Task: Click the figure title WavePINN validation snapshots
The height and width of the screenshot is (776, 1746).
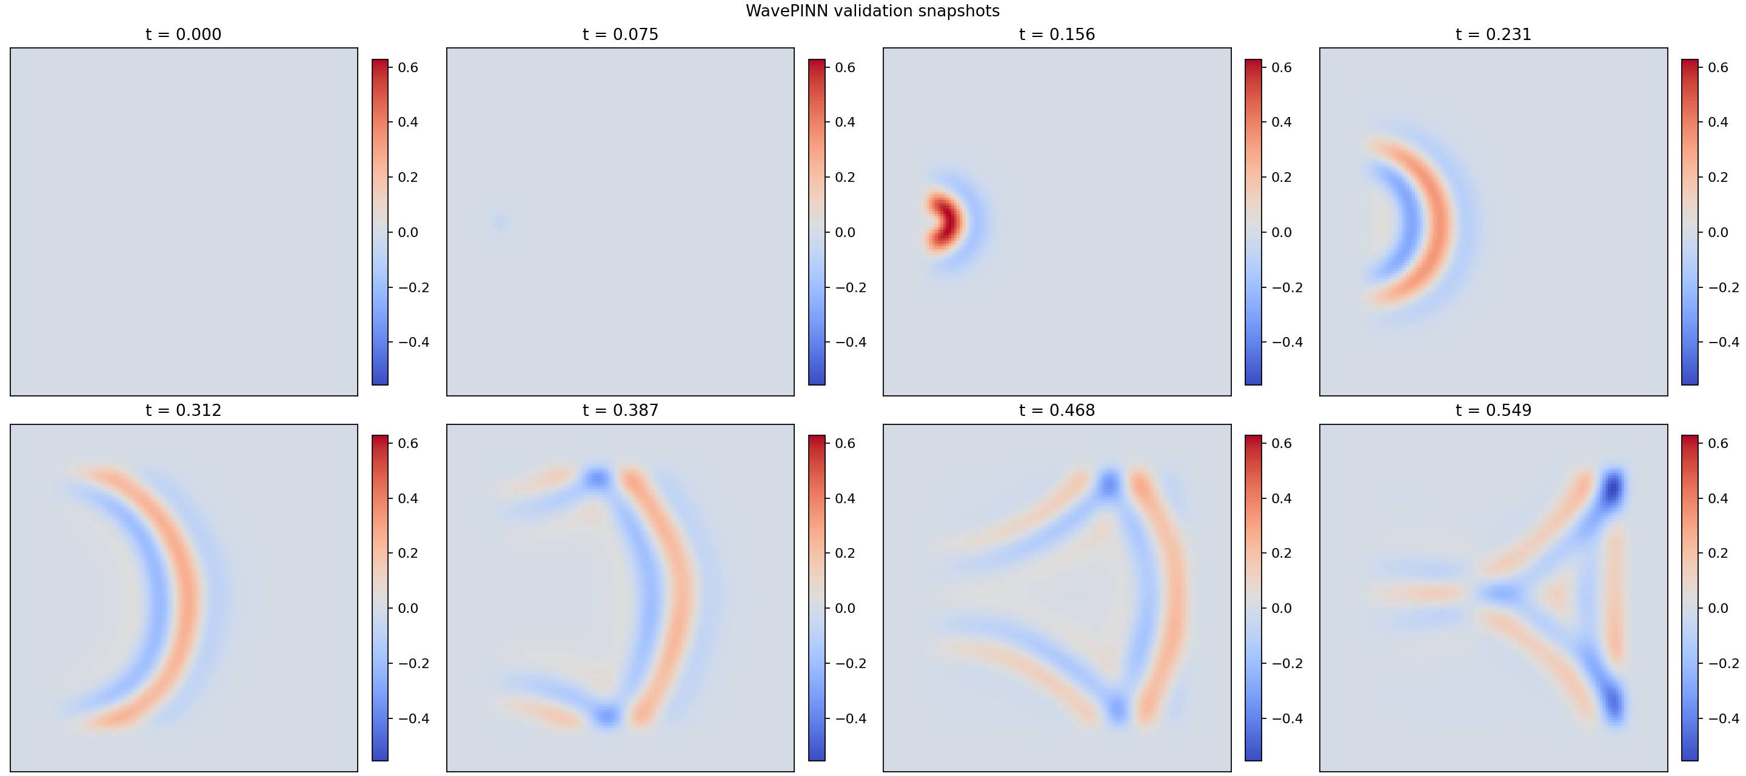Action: click(x=872, y=11)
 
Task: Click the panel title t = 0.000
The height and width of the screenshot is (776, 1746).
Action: click(x=183, y=35)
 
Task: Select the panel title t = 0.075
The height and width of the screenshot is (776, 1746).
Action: click(x=620, y=35)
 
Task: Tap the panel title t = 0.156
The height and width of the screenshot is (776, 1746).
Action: click(x=1057, y=35)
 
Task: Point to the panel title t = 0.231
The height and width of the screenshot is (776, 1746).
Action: click(x=1493, y=35)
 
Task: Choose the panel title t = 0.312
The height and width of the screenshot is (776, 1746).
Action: click(x=183, y=410)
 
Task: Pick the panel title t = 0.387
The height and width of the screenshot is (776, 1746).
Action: click(x=620, y=410)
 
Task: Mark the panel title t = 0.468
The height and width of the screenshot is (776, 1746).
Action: click(x=1057, y=410)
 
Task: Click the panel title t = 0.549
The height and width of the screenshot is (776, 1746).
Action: click(x=1493, y=410)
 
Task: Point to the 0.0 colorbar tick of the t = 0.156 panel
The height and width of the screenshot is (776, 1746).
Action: click(x=1281, y=232)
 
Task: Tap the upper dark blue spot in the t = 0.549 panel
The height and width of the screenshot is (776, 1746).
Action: click(x=1613, y=487)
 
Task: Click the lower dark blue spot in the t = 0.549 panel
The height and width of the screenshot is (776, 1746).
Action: click(x=1613, y=702)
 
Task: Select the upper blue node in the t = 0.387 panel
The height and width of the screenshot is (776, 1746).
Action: click(x=598, y=480)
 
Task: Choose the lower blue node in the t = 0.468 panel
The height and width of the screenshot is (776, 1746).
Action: click(x=1116, y=709)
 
